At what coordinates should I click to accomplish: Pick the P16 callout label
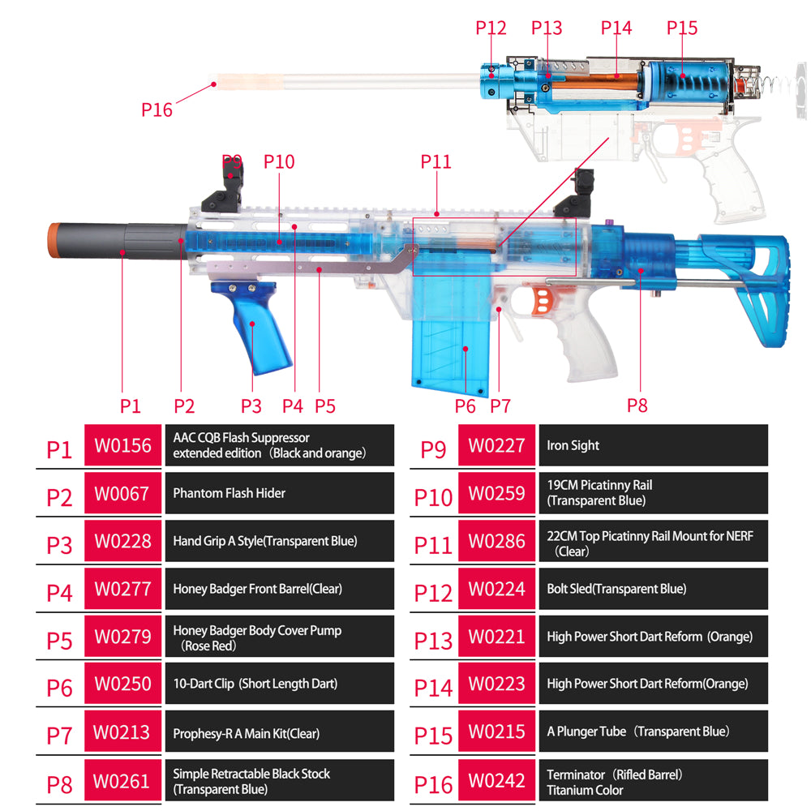click(157, 109)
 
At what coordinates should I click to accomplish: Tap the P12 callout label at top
click(491, 28)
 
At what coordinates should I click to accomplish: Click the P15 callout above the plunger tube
click(682, 28)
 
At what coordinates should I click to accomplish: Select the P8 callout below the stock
click(637, 405)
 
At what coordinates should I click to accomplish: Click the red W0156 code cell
click(122, 445)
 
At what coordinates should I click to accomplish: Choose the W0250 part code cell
click(122, 684)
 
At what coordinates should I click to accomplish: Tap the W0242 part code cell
click(496, 782)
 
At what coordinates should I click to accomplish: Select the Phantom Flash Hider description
click(280, 493)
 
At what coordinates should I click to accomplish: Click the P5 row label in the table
click(59, 639)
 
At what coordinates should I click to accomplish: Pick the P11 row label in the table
click(433, 544)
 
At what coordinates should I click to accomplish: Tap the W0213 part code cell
click(122, 732)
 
